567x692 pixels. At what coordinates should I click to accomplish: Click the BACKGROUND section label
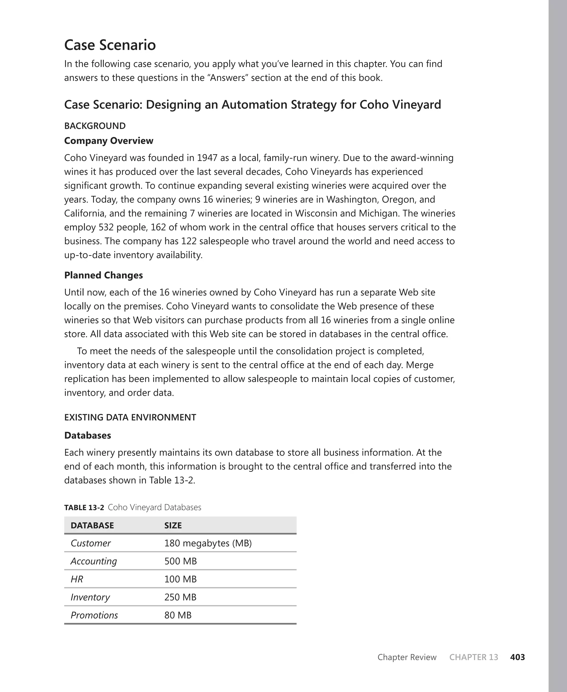[95, 126]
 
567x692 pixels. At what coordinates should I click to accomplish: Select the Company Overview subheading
[109, 141]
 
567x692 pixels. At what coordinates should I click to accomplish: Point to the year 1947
[207, 158]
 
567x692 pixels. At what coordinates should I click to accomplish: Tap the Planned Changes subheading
[103, 275]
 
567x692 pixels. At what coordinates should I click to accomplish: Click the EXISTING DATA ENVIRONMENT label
[130, 417]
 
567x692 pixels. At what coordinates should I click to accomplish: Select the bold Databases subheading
[87, 435]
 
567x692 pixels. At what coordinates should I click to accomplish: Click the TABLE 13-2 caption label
[84, 508]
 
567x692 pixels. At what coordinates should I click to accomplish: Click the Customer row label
[91, 543]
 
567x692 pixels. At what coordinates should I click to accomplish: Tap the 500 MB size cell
[180, 561]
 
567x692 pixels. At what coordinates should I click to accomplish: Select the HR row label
[77, 579]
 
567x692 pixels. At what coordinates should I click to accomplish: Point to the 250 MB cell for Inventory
[180, 597]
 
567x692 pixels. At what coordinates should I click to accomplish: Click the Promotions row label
[94, 615]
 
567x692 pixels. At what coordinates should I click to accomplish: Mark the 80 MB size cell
[178, 615]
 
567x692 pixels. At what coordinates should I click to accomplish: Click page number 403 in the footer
[517, 657]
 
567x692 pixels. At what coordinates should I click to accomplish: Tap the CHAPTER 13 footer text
[474, 657]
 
